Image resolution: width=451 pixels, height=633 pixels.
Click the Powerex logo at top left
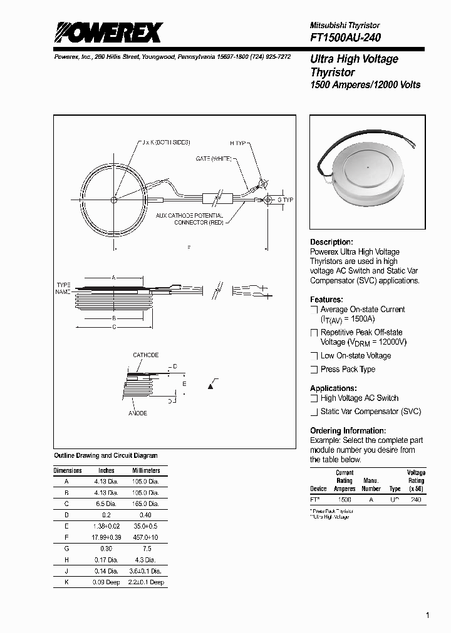click(107, 33)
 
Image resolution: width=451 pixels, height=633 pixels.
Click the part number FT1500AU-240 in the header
click(345, 38)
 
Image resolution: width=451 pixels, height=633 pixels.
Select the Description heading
click(331, 242)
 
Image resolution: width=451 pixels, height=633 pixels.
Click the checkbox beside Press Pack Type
click(314, 370)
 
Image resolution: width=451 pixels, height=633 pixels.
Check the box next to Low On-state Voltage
click(314, 356)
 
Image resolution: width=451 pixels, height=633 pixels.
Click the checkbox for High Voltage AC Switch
click(314, 398)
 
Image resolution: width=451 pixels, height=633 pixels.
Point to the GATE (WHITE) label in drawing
click(213, 159)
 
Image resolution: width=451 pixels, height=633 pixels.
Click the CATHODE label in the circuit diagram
click(145, 355)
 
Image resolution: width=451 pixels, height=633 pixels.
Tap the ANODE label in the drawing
click(138, 414)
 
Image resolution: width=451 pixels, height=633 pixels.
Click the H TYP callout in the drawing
click(239, 143)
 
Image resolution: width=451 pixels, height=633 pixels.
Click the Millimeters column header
click(145, 470)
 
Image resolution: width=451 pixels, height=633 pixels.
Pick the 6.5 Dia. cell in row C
click(106, 504)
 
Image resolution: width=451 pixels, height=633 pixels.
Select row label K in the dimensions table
click(66, 582)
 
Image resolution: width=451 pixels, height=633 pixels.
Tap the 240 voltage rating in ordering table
click(416, 500)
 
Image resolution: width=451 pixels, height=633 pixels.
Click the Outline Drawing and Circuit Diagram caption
click(106, 456)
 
